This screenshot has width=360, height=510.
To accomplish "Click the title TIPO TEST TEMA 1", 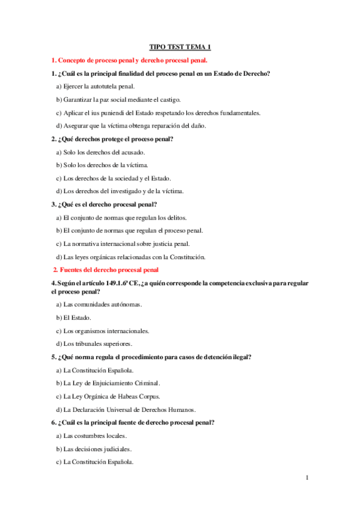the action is tap(180, 47).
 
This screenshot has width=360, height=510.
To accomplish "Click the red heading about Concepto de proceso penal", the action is tap(129, 60).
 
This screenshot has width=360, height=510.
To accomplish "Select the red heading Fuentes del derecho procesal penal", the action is tap(106, 269).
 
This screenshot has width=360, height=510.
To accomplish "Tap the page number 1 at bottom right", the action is tap(307, 478).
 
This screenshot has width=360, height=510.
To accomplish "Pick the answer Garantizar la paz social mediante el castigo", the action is tap(118, 99).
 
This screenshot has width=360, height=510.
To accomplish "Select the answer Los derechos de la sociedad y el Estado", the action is tap(114, 178).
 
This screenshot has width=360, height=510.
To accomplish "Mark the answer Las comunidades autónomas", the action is tap(99, 304).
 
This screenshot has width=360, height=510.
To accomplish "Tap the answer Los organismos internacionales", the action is tap(102, 331).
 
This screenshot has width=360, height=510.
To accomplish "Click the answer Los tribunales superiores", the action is tap(97, 344).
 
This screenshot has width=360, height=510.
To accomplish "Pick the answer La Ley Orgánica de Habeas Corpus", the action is tap(108, 396).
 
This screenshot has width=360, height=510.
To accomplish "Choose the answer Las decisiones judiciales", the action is tap(94, 449).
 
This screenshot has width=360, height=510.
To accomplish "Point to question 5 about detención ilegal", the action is tap(150, 357).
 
